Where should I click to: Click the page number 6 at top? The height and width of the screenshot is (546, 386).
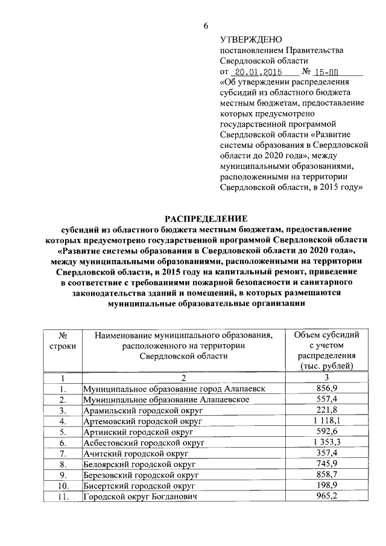[x=206, y=26]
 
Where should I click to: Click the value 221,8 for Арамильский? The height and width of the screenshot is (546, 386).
[x=326, y=411]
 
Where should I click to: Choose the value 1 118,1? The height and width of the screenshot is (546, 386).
[x=326, y=421]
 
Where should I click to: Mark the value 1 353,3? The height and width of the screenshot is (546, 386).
[x=326, y=442]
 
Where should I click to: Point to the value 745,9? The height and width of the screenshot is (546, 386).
[x=326, y=463]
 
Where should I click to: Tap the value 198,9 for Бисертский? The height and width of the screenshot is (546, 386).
[x=326, y=484]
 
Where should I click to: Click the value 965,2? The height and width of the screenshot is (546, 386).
[x=326, y=495]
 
